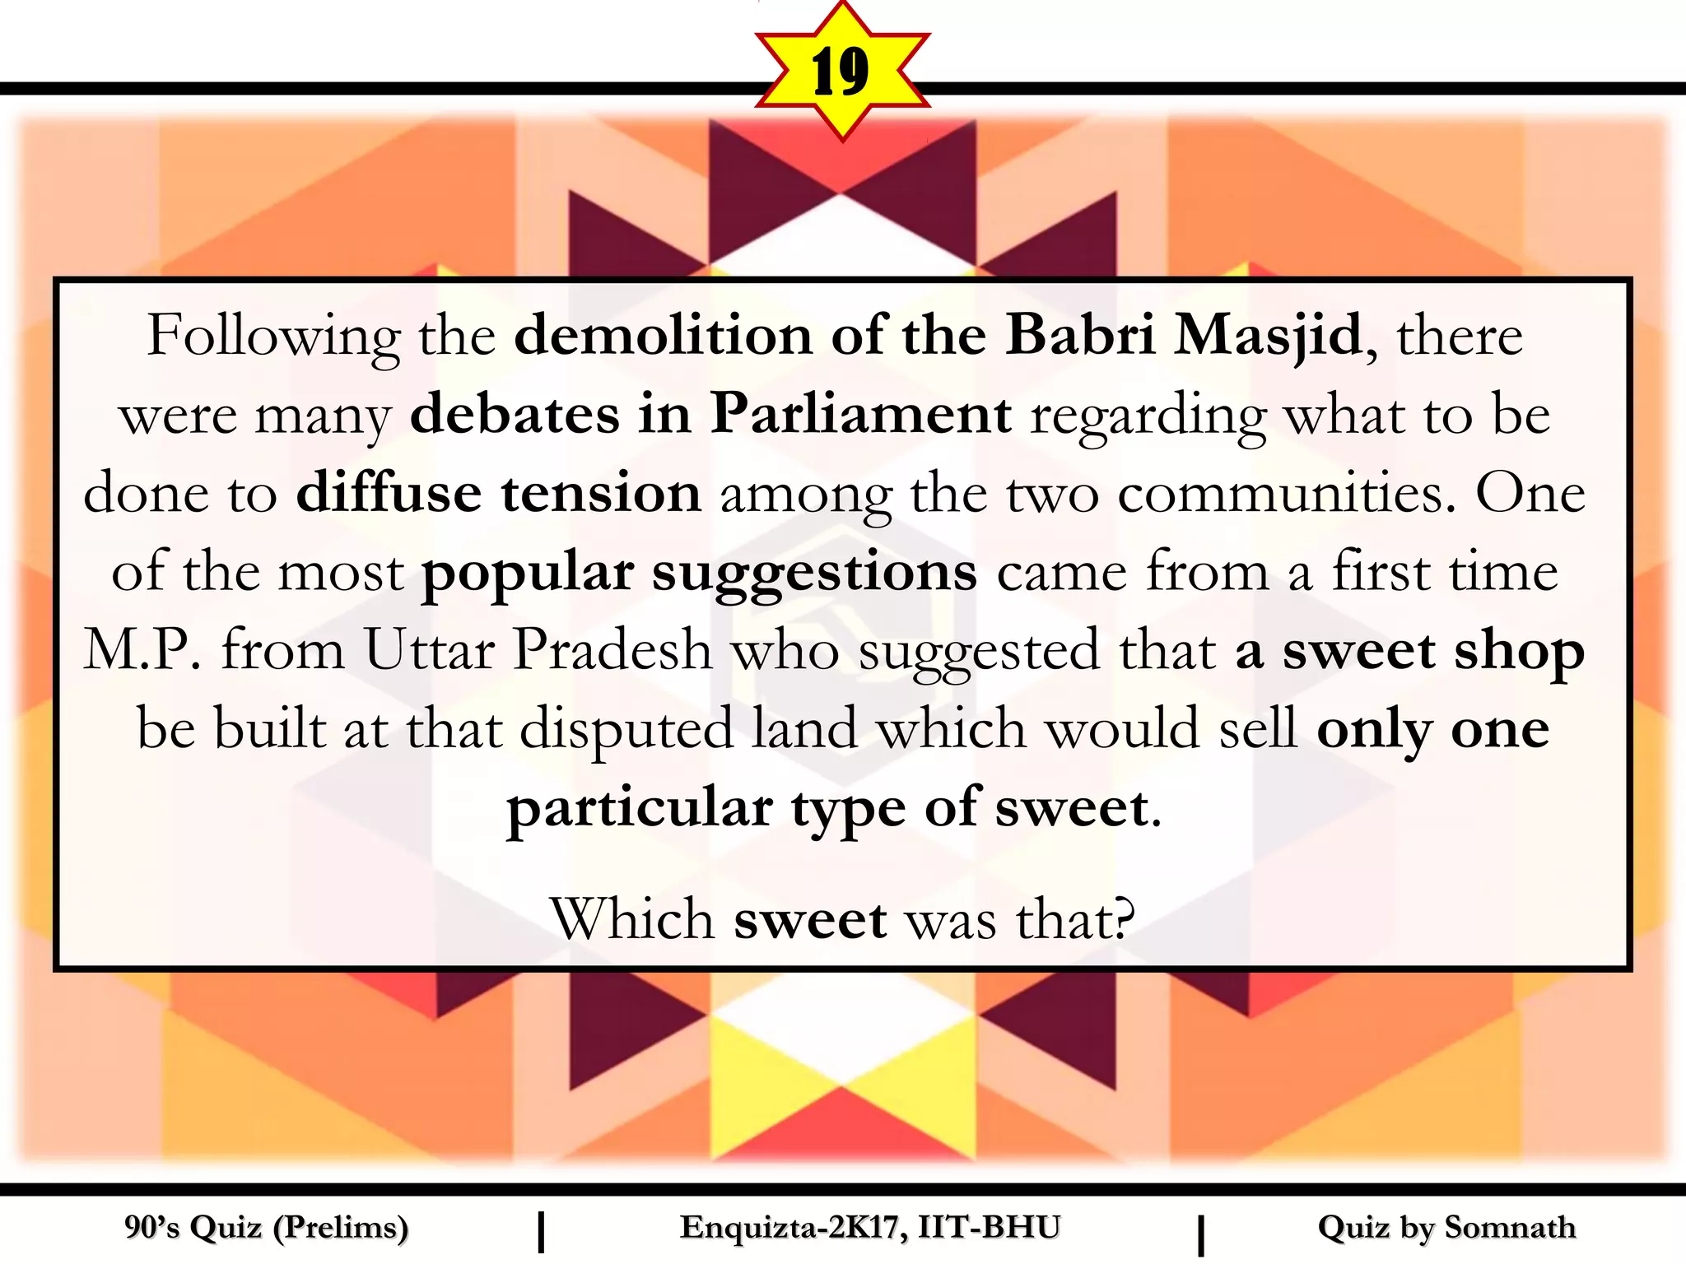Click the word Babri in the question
click(1080, 336)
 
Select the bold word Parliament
click(860, 414)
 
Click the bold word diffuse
click(389, 492)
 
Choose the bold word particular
click(640, 809)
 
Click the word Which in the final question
click(631, 918)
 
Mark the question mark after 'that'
click(1124, 918)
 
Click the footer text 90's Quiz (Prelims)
click(266, 1228)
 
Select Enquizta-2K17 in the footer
click(788, 1228)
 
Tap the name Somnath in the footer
click(1510, 1228)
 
